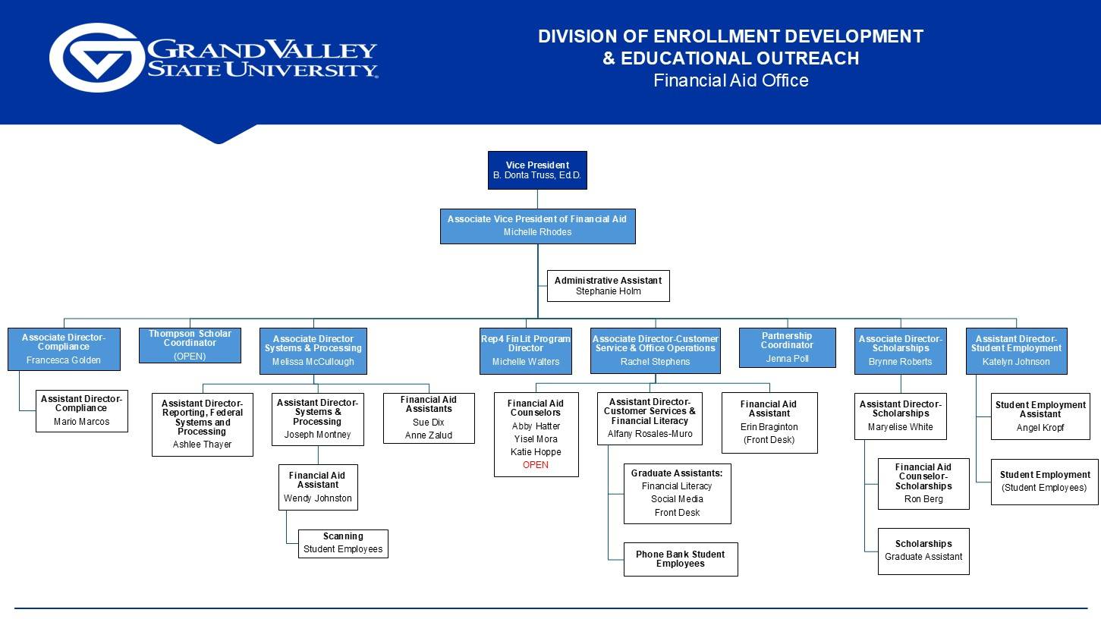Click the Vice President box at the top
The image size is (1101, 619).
(x=537, y=170)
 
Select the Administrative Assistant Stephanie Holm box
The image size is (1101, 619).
(x=608, y=286)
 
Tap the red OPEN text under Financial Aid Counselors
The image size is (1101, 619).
(x=536, y=465)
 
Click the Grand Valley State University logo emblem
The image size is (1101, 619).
(x=96, y=58)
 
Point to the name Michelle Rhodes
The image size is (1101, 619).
(x=537, y=232)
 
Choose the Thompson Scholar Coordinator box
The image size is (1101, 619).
(x=190, y=345)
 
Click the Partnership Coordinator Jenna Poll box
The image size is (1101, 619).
(x=787, y=347)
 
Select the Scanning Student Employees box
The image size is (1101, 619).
(x=343, y=543)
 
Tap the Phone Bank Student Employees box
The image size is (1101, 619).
(x=680, y=559)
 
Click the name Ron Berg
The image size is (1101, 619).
(x=923, y=499)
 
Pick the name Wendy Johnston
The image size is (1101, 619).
(x=317, y=498)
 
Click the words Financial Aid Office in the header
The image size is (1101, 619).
(x=731, y=80)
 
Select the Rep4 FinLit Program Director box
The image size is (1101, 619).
(x=525, y=350)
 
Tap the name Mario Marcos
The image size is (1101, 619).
(x=81, y=422)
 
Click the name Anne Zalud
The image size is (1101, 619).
(x=428, y=435)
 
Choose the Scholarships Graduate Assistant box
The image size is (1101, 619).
(x=923, y=551)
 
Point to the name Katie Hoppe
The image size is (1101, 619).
(x=536, y=452)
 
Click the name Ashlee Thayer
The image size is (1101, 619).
(x=202, y=445)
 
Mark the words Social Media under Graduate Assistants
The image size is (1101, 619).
(x=677, y=499)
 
